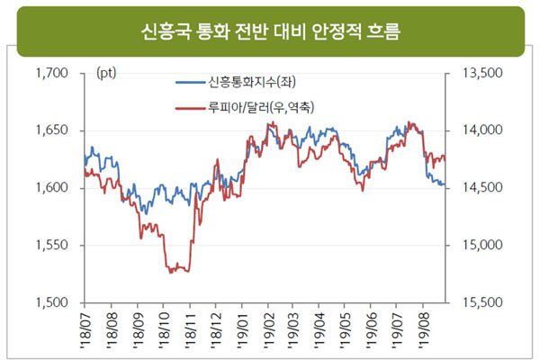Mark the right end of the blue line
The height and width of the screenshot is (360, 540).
click(444, 185)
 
